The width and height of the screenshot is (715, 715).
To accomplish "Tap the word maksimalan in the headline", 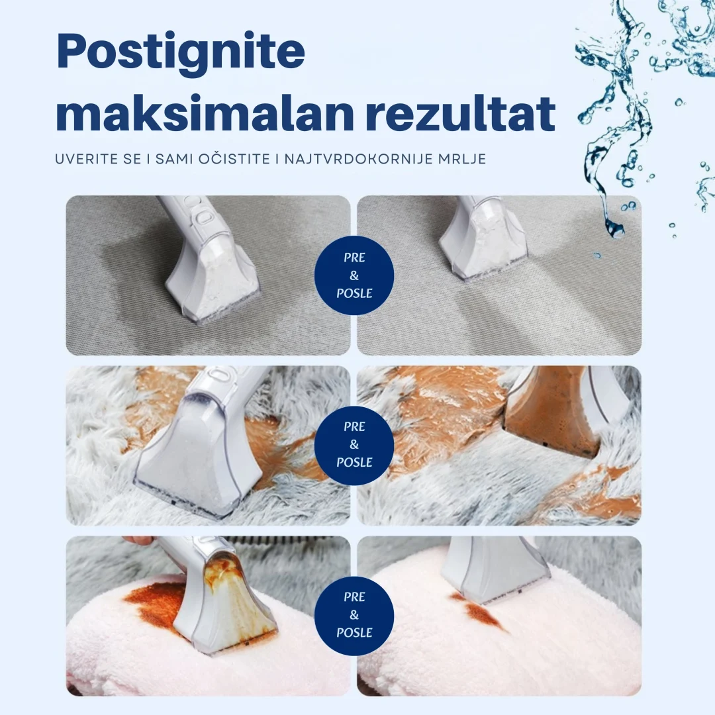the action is coord(205,113).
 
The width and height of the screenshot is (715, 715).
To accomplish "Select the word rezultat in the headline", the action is coord(460,113).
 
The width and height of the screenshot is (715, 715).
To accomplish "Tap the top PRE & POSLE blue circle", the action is coord(354,275).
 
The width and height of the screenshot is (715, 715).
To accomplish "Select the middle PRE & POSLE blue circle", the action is coord(354,445).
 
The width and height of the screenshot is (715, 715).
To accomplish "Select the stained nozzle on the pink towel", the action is coord(219,593).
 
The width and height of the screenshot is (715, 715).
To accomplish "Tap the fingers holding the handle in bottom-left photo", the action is coord(139,540).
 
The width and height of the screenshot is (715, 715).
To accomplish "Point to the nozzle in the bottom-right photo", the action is coord(497,570).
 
